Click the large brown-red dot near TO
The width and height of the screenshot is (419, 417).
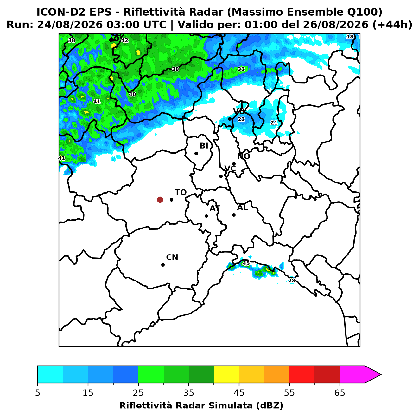coord(160,199)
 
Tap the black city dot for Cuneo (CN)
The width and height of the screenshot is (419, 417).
coord(163,265)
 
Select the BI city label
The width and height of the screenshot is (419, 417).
coord(204,146)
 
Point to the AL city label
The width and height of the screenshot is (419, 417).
coord(242,208)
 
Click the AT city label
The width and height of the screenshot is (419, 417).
coord(215,208)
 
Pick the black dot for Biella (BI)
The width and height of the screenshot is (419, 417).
coord(196,154)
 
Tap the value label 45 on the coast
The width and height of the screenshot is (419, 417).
coord(246,263)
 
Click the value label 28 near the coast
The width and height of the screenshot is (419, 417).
coord(292,281)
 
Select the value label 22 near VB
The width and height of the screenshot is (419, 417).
coord(241,119)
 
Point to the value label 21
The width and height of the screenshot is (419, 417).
coord(274,123)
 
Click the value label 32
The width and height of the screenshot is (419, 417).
coord(241,69)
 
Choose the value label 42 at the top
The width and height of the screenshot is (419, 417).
coord(124,40)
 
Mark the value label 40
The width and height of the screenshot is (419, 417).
coord(132,94)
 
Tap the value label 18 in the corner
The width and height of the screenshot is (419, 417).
coord(350,36)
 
